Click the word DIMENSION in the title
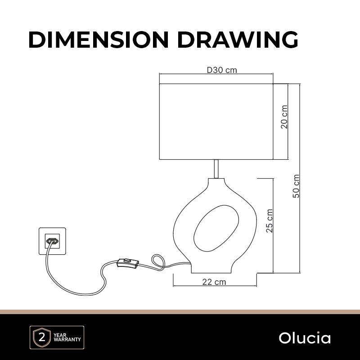[99, 40]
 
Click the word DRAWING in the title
[238, 40]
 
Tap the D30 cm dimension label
[222, 70]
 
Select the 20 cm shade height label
[284, 117]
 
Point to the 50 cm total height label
[296, 186]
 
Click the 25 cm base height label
[269, 220]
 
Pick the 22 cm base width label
[214, 282]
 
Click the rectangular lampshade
[216, 121]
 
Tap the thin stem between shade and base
[216, 169]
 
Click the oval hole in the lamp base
[216, 228]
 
